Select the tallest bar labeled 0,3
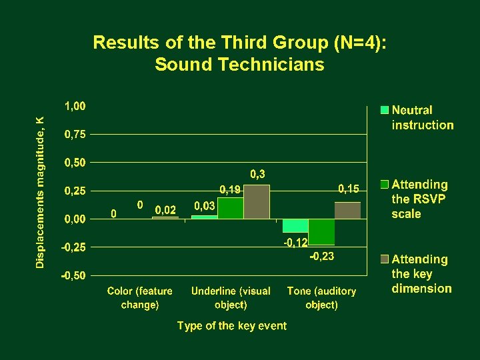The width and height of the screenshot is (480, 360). pyautogui.click(x=257, y=202)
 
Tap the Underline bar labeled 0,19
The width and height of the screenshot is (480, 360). pyautogui.click(x=231, y=208)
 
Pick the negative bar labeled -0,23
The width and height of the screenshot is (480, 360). pyautogui.click(x=321, y=232)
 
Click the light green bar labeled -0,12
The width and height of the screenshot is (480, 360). pyautogui.click(x=295, y=225)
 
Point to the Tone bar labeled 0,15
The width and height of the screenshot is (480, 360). pyautogui.click(x=347, y=210)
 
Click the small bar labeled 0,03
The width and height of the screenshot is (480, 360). pyautogui.click(x=205, y=217)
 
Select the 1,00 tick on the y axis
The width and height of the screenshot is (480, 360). pyautogui.click(x=75, y=106)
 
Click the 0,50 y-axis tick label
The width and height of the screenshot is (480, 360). pyautogui.click(x=75, y=163)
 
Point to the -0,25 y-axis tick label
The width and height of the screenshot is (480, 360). pyautogui.click(x=73, y=247)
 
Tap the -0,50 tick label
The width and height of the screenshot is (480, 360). pyautogui.click(x=73, y=275)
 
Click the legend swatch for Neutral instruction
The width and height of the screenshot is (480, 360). pyautogui.click(x=385, y=110)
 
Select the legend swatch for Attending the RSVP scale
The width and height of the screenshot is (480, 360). pyautogui.click(x=385, y=184)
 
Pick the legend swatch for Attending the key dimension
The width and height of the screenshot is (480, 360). pyautogui.click(x=385, y=259)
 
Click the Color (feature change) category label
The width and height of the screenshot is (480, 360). pyautogui.click(x=140, y=298)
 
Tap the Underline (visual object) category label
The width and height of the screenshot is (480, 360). pyautogui.click(x=231, y=298)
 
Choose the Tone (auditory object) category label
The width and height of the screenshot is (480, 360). pyautogui.click(x=321, y=298)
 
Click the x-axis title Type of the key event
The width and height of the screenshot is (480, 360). pyautogui.click(x=231, y=326)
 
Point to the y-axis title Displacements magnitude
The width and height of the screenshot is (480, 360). pyautogui.click(x=41, y=192)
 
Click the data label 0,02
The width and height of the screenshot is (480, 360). pyautogui.click(x=165, y=210)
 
